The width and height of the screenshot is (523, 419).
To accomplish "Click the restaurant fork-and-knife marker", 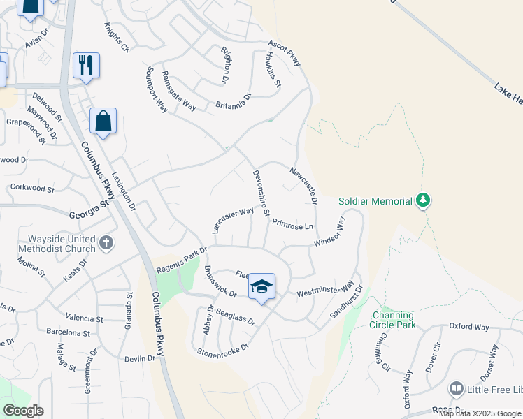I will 86,65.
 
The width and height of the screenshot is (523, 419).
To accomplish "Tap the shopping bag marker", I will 103,121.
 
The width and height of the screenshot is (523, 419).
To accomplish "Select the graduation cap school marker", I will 261,286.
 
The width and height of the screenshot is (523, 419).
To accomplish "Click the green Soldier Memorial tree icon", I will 422,201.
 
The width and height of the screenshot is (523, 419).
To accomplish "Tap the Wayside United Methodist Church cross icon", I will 106,244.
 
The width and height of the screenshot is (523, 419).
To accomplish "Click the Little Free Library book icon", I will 457,388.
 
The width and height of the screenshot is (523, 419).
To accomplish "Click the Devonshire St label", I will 261,193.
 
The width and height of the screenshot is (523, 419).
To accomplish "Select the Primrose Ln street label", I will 292,225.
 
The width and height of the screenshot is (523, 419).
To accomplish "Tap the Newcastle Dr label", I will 305,184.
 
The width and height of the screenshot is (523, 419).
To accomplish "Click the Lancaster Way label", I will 233,221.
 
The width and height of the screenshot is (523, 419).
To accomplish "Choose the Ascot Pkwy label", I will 284,53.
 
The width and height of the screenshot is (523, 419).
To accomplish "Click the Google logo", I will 23,411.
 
